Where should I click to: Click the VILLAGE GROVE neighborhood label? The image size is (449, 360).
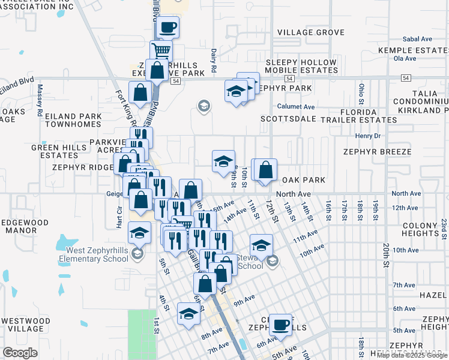(x=310, y=32)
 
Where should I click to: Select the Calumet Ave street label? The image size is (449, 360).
(x=296, y=106)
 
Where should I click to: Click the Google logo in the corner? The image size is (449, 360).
(x=20, y=353)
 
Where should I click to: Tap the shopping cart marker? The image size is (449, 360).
(x=161, y=50)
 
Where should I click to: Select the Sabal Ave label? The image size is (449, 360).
(x=417, y=38)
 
